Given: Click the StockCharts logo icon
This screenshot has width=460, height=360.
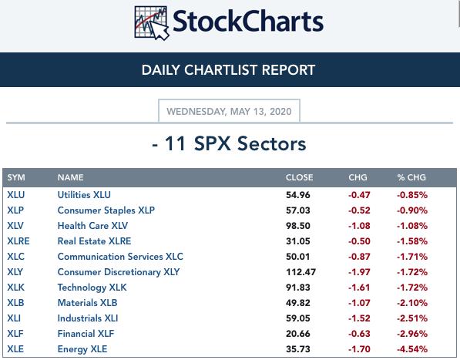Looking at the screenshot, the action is [x=152, y=22].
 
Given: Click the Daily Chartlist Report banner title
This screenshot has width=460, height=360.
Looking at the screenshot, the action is [x=228, y=70].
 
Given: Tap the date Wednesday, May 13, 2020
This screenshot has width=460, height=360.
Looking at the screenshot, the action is [x=229, y=112].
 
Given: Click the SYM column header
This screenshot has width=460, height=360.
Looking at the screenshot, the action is [x=16, y=177].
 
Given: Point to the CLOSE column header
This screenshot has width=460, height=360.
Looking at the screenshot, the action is [x=299, y=177].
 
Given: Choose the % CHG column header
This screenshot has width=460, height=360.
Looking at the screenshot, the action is [x=411, y=177].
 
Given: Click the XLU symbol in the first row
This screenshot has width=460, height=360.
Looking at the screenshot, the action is [x=16, y=195].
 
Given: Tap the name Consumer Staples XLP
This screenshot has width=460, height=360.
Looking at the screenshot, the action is [x=106, y=210].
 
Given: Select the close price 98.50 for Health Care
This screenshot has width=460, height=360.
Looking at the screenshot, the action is [x=297, y=226].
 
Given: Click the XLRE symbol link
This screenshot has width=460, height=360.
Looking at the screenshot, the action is [x=18, y=241].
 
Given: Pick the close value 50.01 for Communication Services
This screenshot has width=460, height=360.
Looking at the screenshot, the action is [x=297, y=257].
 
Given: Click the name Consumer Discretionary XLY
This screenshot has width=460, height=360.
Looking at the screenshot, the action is [x=119, y=272].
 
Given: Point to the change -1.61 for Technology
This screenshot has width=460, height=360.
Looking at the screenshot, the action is [x=359, y=288].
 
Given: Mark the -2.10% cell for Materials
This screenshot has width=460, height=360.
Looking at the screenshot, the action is [x=412, y=303].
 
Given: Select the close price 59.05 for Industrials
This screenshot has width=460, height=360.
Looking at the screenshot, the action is [x=297, y=318].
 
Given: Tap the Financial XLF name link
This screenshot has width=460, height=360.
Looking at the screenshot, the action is [x=86, y=334].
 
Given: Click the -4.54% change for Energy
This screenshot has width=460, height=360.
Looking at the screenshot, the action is [x=412, y=349].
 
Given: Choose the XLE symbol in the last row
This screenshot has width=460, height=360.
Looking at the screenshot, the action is [x=15, y=349].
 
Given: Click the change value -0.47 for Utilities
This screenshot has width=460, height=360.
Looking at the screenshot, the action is [x=359, y=195].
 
